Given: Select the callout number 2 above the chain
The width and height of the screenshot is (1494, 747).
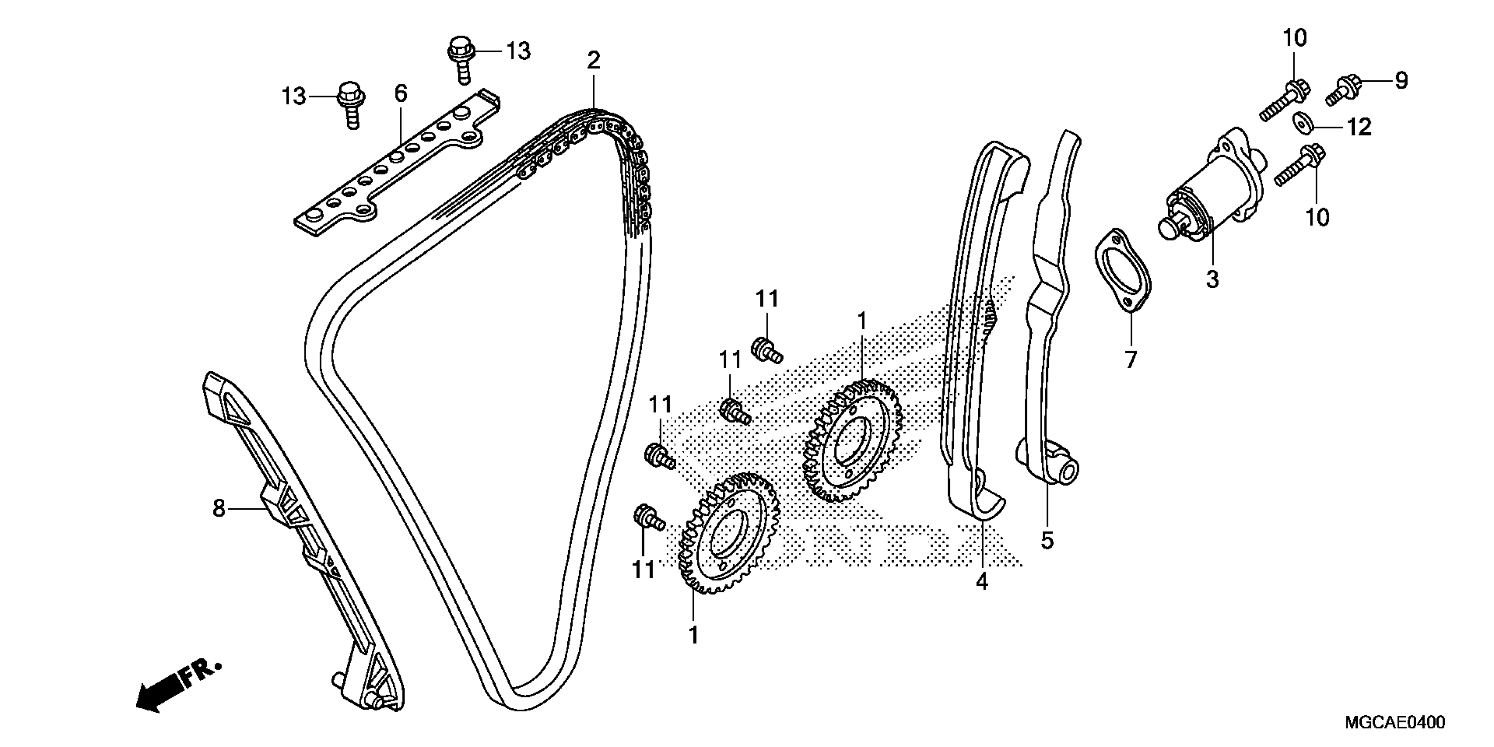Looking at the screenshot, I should pos(593,60).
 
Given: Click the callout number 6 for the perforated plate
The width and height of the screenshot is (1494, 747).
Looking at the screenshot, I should pos(401,93).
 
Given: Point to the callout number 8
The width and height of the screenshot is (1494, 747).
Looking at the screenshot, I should pos(219,509).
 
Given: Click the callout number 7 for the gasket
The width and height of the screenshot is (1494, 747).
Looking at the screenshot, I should pos(1131,360).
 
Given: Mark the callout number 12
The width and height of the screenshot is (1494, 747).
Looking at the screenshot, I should pos(1359,127).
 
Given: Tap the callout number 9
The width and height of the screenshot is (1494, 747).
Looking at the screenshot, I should pos(1401,80).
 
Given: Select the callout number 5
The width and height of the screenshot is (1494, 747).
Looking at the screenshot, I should pos(1047,540).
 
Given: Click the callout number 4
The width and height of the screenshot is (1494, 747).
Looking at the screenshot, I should pos(981,581).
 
